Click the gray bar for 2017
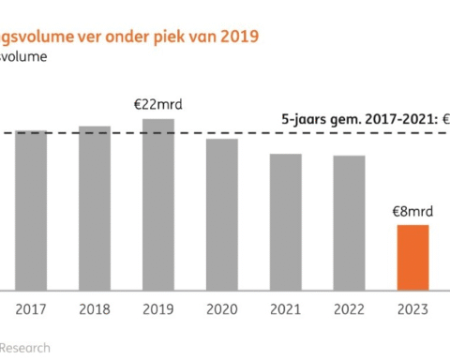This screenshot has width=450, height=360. (31, 210)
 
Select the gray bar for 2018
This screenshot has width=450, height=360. (95, 207)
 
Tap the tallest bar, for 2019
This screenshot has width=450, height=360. (158, 204)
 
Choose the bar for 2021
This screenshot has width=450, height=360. (285, 221)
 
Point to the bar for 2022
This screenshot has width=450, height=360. (349, 222)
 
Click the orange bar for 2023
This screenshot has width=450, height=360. (412, 257)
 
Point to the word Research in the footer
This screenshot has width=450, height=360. (25, 347)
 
